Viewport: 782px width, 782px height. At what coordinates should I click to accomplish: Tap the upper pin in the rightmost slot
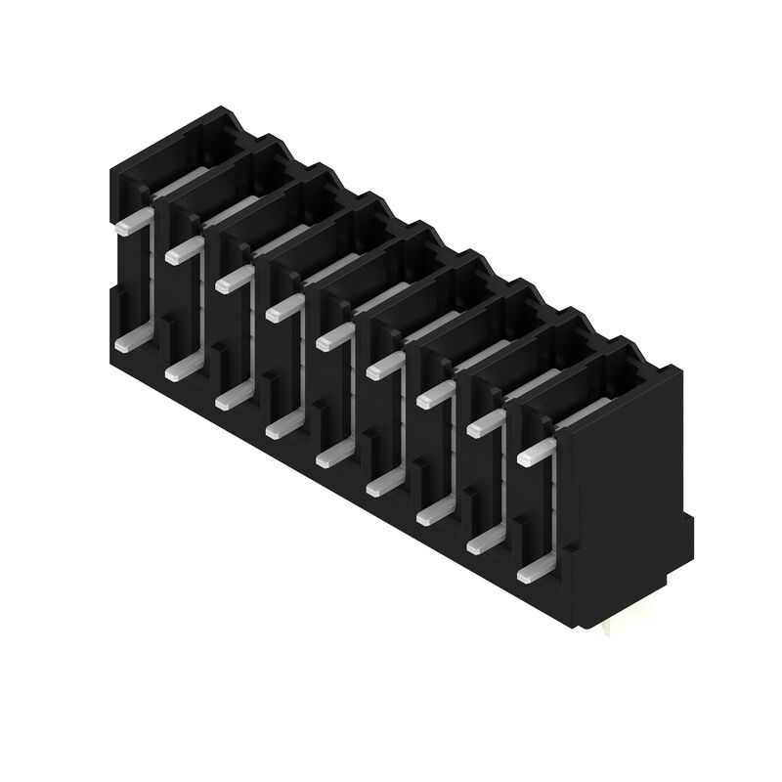(x=536, y=453)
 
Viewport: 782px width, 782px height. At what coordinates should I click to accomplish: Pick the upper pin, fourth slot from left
(x=284, y=310)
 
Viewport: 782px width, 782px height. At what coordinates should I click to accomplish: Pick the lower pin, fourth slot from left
(x=283, y=425)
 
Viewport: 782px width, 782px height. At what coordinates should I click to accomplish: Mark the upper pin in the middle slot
(x=334, y=338)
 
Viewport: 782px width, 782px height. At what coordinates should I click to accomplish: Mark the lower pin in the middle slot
(x=334, y=455)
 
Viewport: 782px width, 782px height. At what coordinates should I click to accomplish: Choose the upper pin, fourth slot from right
(x=385, y=367)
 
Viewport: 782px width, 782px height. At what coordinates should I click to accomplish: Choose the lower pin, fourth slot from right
(x=384, y=483)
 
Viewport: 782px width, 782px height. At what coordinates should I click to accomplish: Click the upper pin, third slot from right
(x=435, y=395)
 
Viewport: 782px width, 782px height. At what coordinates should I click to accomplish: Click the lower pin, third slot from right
(x=435, y=511)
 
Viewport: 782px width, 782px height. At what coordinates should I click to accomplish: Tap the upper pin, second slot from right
(x=486, y=424)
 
